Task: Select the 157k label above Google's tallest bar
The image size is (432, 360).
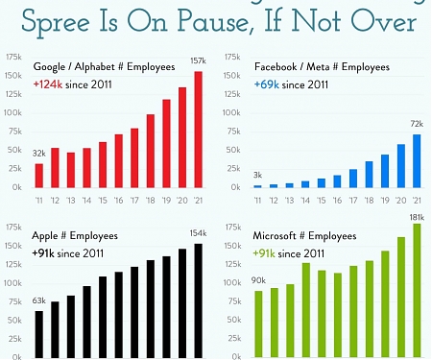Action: pyautogui.click(x=199, y=62)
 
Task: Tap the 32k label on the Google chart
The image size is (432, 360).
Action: pyautogui.click(x=39, y=154)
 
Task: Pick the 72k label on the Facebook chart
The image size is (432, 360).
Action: pyautogui.click(x=417, y=125)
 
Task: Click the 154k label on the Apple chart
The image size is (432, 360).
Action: pyautogui.click(x=199, y=234)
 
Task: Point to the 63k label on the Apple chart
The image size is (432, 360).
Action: pyautogui.click(x=39, y=300)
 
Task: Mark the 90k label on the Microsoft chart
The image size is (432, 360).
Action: pyautogui.click(x=257, y=280)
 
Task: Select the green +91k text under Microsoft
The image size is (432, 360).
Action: pyautogui.click(x=268, y=253)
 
